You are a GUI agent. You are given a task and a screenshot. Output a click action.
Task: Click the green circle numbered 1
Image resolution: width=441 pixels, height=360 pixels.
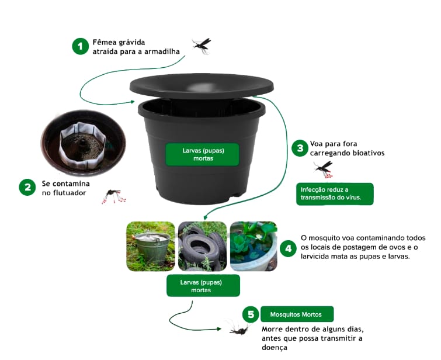point(81,46)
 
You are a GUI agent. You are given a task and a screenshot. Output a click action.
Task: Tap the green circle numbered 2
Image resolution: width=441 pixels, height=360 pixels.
point(27,187)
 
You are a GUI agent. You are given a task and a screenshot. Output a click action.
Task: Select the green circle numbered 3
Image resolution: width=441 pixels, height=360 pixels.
point(300,148)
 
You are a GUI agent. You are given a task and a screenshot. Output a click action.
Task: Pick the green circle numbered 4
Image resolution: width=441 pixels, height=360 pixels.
point(288,248)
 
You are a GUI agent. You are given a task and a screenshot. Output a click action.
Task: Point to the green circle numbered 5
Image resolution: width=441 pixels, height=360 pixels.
point(251,314)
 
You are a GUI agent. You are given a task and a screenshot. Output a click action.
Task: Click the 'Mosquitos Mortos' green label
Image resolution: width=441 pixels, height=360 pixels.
point(297,314)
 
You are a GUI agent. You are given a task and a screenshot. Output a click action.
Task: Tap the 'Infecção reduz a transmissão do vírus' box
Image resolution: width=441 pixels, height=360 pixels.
point(335,194)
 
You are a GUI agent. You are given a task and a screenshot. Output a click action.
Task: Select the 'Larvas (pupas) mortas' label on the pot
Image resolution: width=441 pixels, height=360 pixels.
point(202,154)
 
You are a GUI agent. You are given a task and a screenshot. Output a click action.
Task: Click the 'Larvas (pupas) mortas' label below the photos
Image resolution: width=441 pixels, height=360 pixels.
point(203,286)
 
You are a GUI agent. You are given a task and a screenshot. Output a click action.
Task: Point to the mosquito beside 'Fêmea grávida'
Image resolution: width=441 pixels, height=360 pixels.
point(202,46)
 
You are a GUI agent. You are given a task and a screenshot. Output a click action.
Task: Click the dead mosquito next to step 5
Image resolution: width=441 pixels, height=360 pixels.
point(238,328)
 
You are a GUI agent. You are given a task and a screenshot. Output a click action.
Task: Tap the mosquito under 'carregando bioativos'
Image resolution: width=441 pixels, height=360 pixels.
point(324,169)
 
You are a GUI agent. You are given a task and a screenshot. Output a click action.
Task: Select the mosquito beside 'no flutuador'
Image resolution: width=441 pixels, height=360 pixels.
point(114,196)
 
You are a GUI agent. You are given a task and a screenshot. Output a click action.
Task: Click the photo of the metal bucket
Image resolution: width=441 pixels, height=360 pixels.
point(151,246)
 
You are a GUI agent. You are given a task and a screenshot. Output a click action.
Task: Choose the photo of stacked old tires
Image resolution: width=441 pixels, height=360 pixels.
point(203,246)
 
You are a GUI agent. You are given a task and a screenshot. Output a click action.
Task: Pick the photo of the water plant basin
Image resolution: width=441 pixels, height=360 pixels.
point(254,246)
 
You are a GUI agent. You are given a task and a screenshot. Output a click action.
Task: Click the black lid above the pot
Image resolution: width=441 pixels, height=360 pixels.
point(202,86)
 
